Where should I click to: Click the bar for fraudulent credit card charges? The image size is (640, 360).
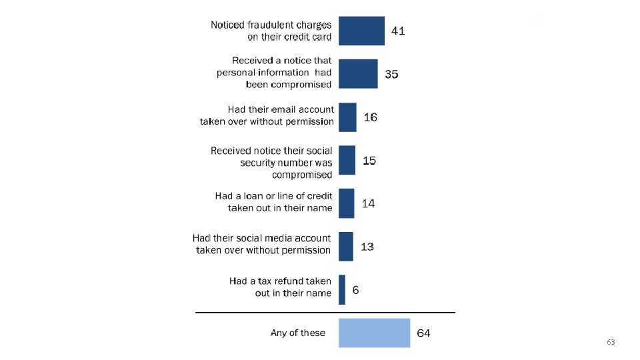click(x=361, y=31)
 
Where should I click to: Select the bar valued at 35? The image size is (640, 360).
click(x=358, y=74)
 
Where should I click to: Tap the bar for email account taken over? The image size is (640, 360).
click(x=347, y=117)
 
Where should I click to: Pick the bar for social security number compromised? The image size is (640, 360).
click(x=347, y=160)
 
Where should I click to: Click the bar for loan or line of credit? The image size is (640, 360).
click(x=346, y=203)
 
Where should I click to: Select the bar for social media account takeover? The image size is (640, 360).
click(x=346, y=247)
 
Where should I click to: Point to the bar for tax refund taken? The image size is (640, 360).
click(x=341, y=290)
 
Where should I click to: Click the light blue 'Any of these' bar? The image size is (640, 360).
click(x=374, y=333)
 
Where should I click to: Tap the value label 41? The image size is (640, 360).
click(x=398, y=31)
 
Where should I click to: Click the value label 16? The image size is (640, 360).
click(x=370, y=117)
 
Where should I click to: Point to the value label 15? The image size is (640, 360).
click(x=369, y=161)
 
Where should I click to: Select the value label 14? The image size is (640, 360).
click(x=368, y=204)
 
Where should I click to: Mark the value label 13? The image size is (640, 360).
click(x=367, y=247)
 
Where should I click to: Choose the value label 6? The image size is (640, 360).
click(x=355, y=290)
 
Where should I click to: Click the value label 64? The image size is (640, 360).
click(x=423, y=333)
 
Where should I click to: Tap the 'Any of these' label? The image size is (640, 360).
click(x=298, y=333)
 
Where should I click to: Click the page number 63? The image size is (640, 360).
click(x=611, y=342)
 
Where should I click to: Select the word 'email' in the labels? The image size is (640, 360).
click(x=284, y=110)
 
